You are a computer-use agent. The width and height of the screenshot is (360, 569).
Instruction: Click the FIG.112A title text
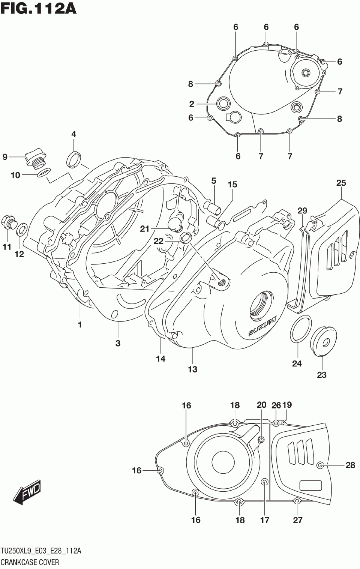39,8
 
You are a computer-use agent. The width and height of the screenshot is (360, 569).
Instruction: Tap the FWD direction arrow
27,491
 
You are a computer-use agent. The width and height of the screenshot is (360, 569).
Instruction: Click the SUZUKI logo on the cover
262,326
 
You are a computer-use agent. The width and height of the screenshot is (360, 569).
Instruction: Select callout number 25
341,183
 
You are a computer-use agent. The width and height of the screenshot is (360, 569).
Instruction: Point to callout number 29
302,211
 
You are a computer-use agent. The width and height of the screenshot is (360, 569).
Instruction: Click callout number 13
192,369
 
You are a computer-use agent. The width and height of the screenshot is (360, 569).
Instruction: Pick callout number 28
350,465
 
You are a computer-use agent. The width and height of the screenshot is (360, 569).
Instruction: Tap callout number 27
297,520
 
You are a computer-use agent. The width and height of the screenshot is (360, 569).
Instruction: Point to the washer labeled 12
22,228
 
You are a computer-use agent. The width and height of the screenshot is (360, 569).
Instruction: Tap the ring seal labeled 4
73,159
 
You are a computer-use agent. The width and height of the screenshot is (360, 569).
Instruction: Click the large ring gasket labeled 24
301,329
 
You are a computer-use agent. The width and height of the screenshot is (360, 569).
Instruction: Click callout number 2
192,104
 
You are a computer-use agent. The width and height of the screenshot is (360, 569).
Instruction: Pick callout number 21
145,229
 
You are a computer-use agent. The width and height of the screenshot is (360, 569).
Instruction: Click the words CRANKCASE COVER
30,562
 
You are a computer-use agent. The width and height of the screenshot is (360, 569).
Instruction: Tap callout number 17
265,520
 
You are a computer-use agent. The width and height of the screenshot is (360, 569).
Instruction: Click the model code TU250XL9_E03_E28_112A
40,551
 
